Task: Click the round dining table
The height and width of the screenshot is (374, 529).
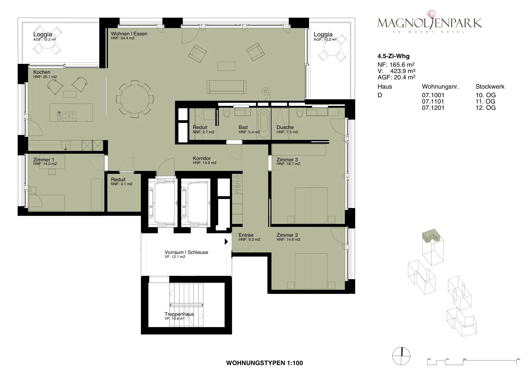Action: click(135, 99)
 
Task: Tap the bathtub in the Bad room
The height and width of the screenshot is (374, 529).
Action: click(264, 124)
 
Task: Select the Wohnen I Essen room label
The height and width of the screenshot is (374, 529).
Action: click(129, 34)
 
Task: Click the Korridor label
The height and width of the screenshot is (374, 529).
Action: click(202, 158)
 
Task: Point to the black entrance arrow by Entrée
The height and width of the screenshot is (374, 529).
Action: click(226, 241)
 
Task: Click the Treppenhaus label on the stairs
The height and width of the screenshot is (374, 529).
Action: click(179, 314)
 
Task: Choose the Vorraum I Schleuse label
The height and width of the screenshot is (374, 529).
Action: click(186, 252)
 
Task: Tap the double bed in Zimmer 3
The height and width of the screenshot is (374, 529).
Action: click(311, 205)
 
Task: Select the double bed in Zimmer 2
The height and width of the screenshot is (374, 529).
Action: click(311, 271)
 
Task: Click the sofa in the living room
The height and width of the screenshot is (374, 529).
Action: click(226, 87)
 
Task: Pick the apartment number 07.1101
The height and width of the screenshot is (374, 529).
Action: click(433, 102)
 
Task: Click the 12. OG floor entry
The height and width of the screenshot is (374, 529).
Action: click(486, 108)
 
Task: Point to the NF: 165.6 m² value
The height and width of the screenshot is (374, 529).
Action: click(396, 64)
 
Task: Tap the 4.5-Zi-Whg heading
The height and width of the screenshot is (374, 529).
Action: click(393, 56)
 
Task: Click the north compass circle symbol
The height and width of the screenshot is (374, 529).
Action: click(401, 356)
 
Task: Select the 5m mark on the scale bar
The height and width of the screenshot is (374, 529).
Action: click(518, 359)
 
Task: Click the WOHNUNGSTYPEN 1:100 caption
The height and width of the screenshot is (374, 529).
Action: click(264, 363)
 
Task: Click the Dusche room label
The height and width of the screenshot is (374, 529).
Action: click(285, 127)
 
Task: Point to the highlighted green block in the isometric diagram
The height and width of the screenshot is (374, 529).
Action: click(431, 235)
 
